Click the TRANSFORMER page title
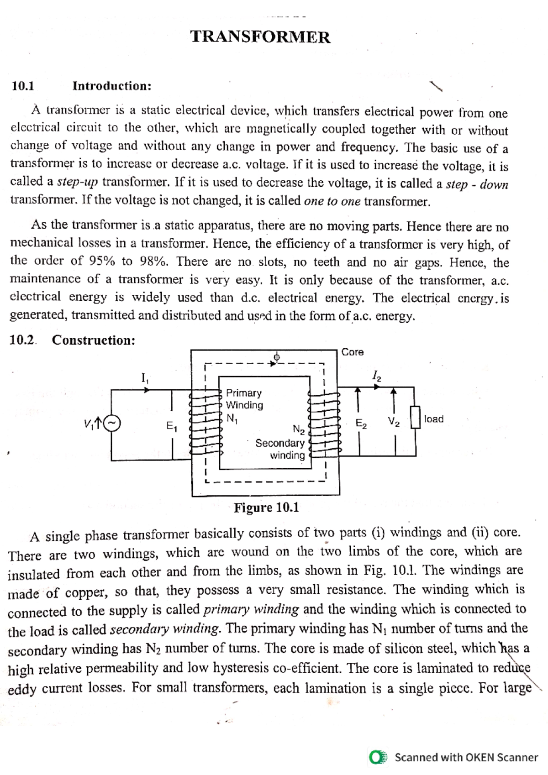point(260,37)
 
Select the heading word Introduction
point(112,86)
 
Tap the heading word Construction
point(94,340)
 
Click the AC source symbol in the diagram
point(112,424)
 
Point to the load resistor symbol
point(415,418)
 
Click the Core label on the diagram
point(353,352)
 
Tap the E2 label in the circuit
point(361,424)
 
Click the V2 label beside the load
point(394,421)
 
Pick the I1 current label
point(145,378)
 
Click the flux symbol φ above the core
point(276,356)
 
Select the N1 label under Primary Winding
point(232,418)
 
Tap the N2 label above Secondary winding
point(299,429)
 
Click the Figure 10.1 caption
point(266,508)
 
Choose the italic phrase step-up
point(77,182)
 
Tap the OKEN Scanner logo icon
point(378,757)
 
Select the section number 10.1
point(23,86)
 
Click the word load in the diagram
point(434,419)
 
